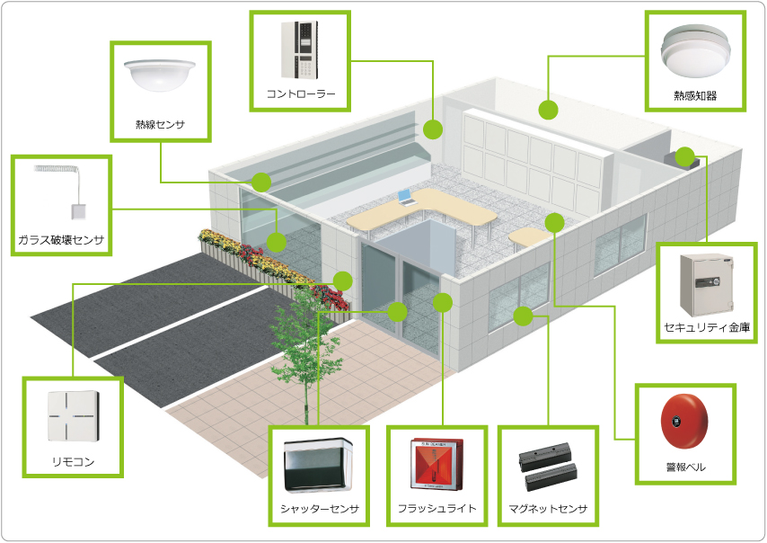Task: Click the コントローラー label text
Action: [x=300, y=93]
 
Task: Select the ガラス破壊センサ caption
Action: [x=61, y=240]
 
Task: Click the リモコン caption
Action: [x=73, y=462]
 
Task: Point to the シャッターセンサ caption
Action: [x=319, y=509]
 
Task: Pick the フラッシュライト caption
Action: [x=436, y=509]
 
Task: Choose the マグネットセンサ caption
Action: [x=547, y=509]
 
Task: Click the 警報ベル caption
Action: [x=684, y=468]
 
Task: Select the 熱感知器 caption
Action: [x=694, y=95]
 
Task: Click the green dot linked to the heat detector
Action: [x=547, y=110]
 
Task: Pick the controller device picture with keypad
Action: [x=301, y=50]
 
